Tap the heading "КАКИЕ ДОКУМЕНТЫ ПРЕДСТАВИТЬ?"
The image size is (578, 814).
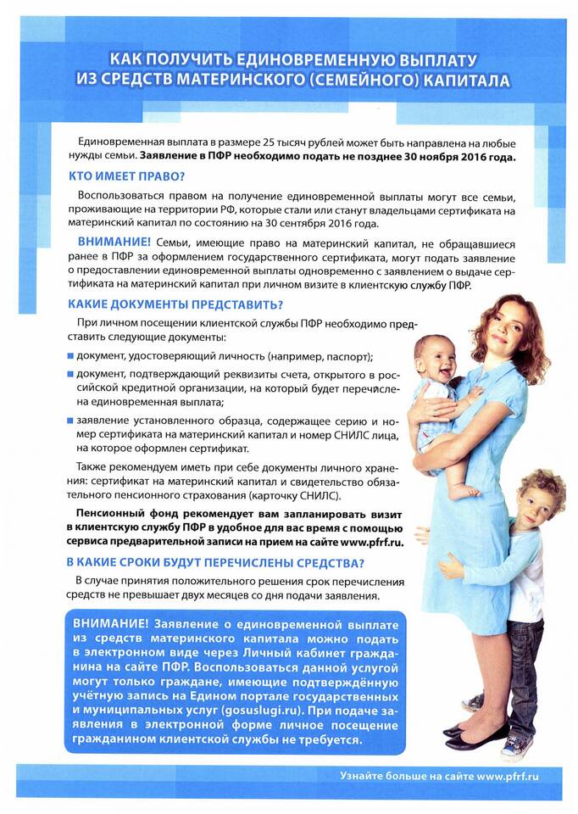point(175,304)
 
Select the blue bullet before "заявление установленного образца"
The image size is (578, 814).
point(71,419)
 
